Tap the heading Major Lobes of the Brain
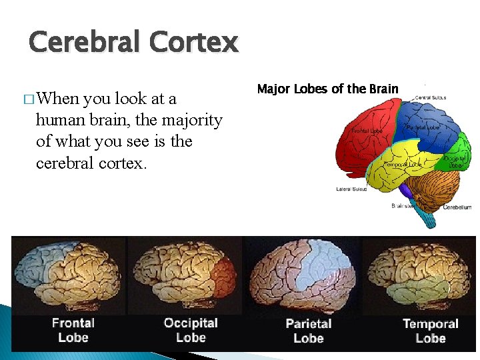pyautogui.click(x=327, y=89)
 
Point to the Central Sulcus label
pyautogui.click(x=431, y=97)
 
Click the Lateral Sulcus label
pyautogui.click(x=351, y=189)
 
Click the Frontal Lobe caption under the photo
pyautogui.click(x=73, y=330)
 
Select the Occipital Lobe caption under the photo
pyautogui.click(x=191, y=330)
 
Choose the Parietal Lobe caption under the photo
pyautogui.click(x=308, y=331)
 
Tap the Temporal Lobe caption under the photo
pyautogui.click(x=430, y=331)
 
